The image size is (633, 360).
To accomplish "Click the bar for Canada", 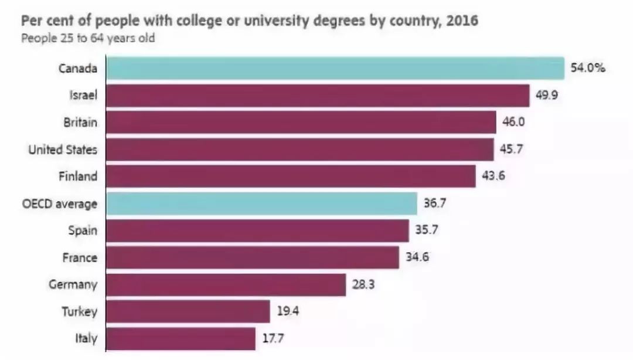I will pos(334,68).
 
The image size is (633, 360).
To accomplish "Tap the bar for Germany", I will pos(226,285).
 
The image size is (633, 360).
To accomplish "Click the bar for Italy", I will pos(181,338).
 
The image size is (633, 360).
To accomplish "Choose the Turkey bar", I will pos(188,311).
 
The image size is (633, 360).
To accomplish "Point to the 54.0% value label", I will pos(587,68).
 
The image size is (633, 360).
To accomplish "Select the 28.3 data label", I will pos(362,285).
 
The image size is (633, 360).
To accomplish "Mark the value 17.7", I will pos(273,338).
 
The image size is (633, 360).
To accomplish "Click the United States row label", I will pos(63,150).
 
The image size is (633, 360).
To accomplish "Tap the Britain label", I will pos(80,123).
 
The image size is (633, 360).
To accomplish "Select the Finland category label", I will pos(78,176).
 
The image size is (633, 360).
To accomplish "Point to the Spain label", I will pos(83,230).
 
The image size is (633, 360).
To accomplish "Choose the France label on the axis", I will pos(80,257).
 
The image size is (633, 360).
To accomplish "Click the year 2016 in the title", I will pos(464,22).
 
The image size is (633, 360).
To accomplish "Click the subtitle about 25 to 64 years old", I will pos(88,39).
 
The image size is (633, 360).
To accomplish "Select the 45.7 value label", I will pos(511,150).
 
